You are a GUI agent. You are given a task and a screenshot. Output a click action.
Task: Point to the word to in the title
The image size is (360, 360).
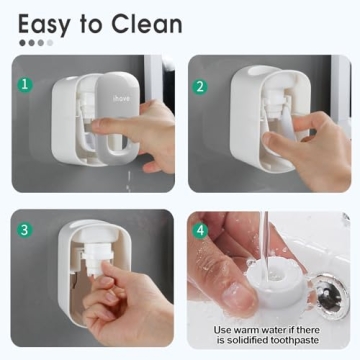point(98,23)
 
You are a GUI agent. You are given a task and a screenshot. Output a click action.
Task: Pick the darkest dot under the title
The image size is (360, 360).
point(22,43)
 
